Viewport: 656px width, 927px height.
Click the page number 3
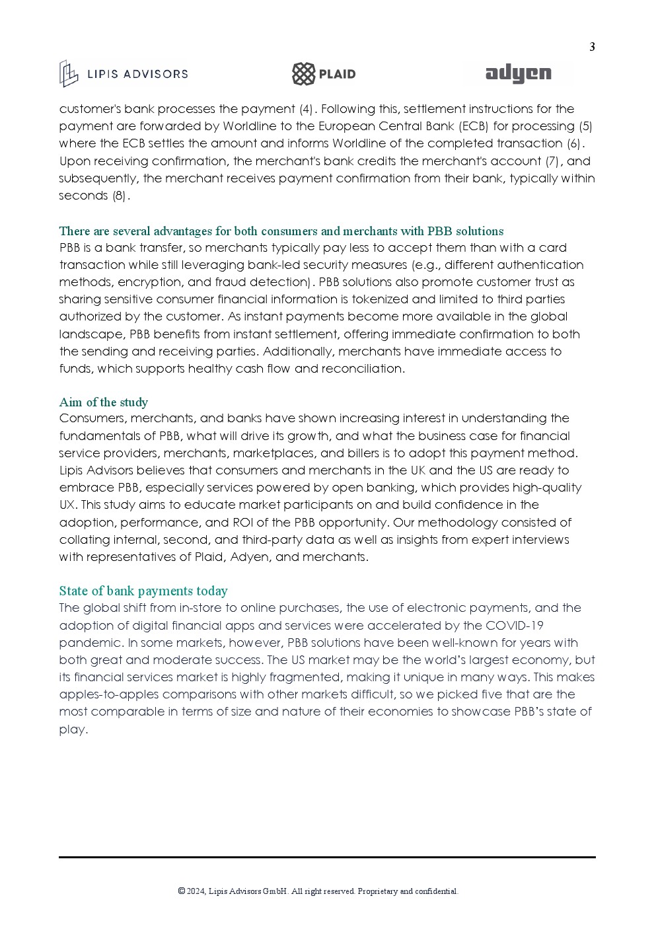point(592,47)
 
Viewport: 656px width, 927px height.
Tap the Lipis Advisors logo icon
point(68,73)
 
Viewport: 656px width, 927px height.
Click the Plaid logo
point(324,74)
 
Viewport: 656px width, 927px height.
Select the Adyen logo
point(518,74)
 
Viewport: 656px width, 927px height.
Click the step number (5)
point(585,126)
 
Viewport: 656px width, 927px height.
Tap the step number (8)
point(120,196)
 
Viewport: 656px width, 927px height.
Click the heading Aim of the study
point(103,402)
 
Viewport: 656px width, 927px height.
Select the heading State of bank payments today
point(143,591)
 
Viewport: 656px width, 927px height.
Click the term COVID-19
point(514,625)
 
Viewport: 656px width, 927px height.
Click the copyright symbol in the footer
point(182,891)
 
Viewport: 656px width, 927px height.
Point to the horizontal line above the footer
point(327,857)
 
